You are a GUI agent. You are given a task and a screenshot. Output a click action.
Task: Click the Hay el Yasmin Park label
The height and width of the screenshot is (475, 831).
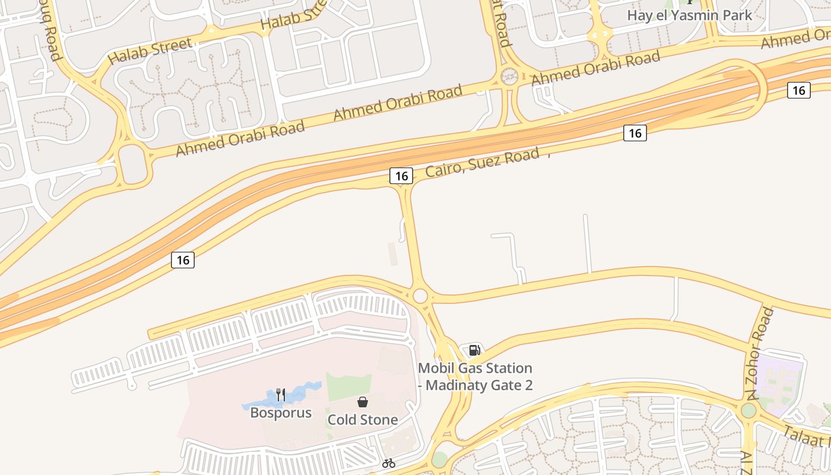click(690, 15)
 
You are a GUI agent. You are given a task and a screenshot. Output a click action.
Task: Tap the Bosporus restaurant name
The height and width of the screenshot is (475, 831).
click(281, 413)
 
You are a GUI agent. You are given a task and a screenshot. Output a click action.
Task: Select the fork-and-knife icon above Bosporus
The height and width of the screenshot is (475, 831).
click(281, 394)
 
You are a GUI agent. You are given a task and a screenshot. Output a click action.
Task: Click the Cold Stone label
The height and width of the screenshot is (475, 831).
click(363, 420)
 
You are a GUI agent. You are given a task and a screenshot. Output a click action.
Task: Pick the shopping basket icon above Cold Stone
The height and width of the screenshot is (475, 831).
click(363, 402)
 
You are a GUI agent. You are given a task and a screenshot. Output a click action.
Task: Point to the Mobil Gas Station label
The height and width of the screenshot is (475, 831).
click(475, 376)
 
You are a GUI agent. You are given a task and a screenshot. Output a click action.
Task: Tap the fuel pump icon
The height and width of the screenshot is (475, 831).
click(474, 350)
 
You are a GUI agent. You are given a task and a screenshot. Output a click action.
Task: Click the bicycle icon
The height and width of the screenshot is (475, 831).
click(389, 463)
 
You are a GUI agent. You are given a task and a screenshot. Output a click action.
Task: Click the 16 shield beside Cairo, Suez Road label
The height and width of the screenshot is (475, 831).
click(401, 176)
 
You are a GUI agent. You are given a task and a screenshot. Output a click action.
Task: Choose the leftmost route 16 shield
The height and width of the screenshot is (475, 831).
click(183, 260)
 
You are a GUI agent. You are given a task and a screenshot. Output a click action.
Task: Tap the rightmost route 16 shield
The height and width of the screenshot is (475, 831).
click(799, 90)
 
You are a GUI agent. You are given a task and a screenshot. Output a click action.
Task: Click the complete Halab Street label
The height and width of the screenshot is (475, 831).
click(150, 50)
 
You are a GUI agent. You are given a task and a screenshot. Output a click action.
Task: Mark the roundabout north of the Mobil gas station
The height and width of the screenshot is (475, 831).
click(420, 296)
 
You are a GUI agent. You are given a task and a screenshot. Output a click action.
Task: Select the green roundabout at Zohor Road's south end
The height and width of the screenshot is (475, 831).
click(748, 410)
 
